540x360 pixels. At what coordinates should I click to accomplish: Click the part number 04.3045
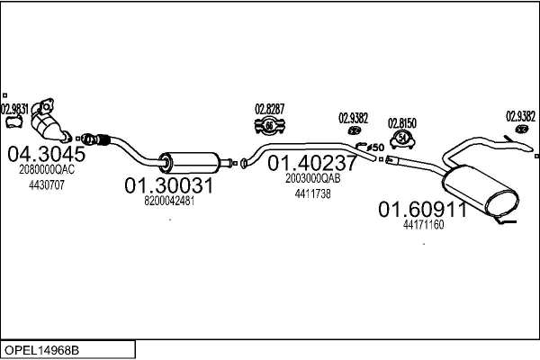47,154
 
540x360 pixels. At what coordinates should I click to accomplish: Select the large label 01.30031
169,185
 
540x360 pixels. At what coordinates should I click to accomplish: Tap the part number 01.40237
312,163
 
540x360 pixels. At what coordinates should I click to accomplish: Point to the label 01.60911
423,209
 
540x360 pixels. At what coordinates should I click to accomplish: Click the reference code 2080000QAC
47,169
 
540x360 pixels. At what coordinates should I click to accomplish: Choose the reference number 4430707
47,185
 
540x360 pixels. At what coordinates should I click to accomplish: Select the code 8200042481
169,201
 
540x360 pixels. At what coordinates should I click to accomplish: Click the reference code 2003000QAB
312,178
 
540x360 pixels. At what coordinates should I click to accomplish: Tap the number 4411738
312,194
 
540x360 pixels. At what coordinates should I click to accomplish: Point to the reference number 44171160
423,225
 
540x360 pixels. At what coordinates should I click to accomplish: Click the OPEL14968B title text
41,350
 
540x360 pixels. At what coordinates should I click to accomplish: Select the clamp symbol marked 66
270,126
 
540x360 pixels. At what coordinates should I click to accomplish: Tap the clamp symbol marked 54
402,139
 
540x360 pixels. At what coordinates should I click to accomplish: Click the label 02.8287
270,109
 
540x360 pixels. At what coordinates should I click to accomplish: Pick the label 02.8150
402,123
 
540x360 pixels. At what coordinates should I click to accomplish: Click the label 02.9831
14,110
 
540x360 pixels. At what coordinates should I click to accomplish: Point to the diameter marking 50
375,148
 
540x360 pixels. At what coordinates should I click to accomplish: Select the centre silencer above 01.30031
189,163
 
